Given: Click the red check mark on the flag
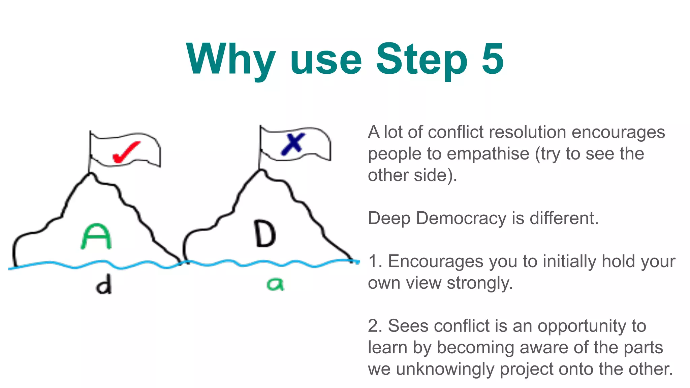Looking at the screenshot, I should click(126, 152).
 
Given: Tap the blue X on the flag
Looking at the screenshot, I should click(293, 144).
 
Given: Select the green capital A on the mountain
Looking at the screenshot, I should click(96, 236).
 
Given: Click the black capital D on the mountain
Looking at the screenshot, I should click(265, 233).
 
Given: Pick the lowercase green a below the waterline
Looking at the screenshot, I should click(275, 284).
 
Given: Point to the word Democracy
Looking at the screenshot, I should click(461, 218).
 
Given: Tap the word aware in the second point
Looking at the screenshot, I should click(544, 348).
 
